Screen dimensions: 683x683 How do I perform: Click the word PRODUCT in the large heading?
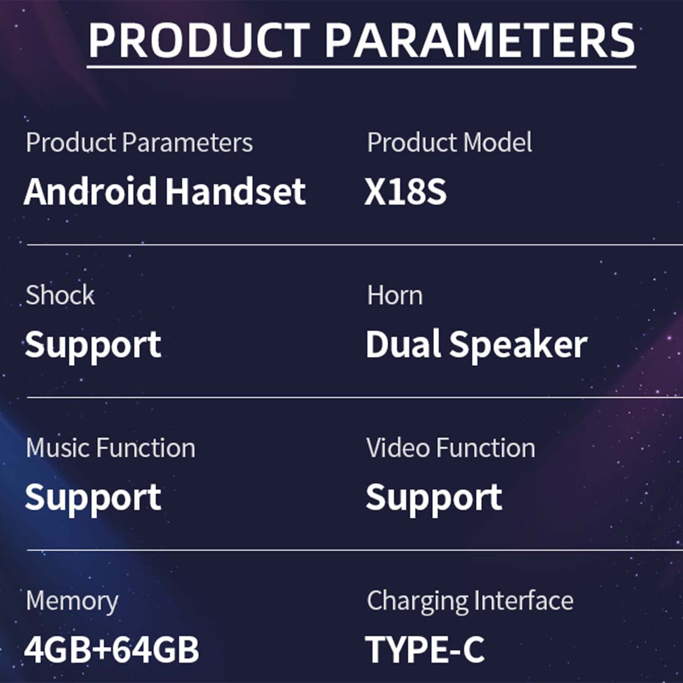tap(199, 40)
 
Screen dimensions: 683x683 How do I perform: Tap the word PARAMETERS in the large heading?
tap(480, 40)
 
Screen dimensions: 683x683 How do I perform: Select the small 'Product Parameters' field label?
tap(139, 143)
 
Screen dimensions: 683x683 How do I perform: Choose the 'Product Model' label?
tap(449, 142)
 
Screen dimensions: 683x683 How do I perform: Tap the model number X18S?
tap(405, 191)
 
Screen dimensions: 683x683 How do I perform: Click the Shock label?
tap(60, 295)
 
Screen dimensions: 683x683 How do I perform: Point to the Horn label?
tap(395, 296)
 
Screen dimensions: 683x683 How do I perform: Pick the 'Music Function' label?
tap(111, 448)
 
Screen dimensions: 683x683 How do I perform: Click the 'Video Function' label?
tap(451, 448)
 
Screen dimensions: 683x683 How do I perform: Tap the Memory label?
tap(72, 602)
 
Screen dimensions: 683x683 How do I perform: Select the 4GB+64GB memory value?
tap(112, 649)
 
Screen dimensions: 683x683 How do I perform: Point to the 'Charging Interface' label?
tap(470, 602)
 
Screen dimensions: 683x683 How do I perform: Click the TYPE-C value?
tap(425, 649)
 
